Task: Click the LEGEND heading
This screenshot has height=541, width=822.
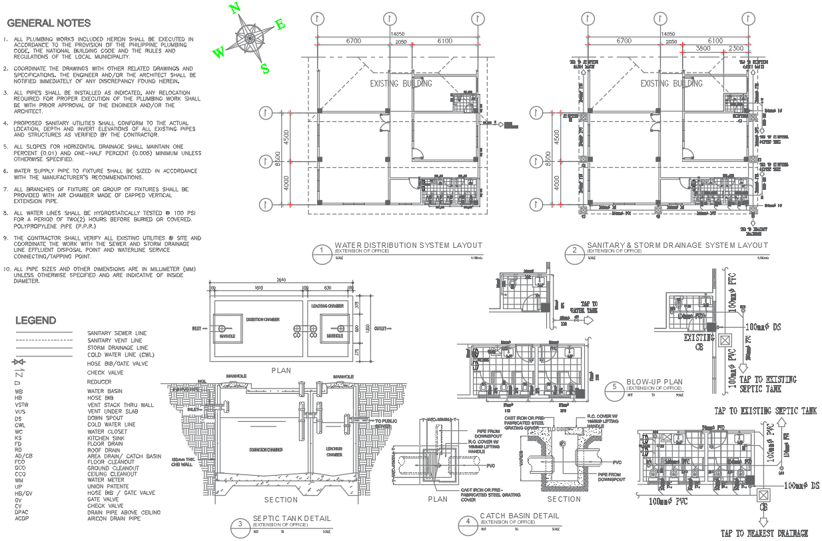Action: point(36,320)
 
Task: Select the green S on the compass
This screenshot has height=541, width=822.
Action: point(264,68)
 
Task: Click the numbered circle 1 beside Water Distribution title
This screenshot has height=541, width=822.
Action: point(322,251)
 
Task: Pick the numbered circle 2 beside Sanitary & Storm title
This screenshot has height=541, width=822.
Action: point(574,251)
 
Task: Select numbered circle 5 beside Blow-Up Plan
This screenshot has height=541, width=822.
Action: point(615,386)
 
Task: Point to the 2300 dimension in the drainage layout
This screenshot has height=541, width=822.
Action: point(735,49)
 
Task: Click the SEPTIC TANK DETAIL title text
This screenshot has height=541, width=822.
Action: point(291,518)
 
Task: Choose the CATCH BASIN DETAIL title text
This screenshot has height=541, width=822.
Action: point(519,516)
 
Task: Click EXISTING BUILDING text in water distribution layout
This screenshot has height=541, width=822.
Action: point(401,83)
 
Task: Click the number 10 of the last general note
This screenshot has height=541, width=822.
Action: point(6,269)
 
